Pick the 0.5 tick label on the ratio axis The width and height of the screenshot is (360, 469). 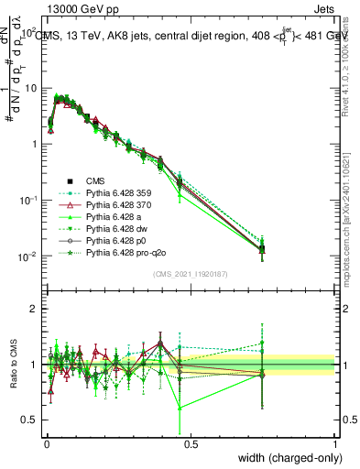tap(28, 420)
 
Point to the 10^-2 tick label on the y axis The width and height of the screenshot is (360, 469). tap(27, 256)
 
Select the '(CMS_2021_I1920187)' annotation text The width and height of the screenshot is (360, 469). tap(191, 273)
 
